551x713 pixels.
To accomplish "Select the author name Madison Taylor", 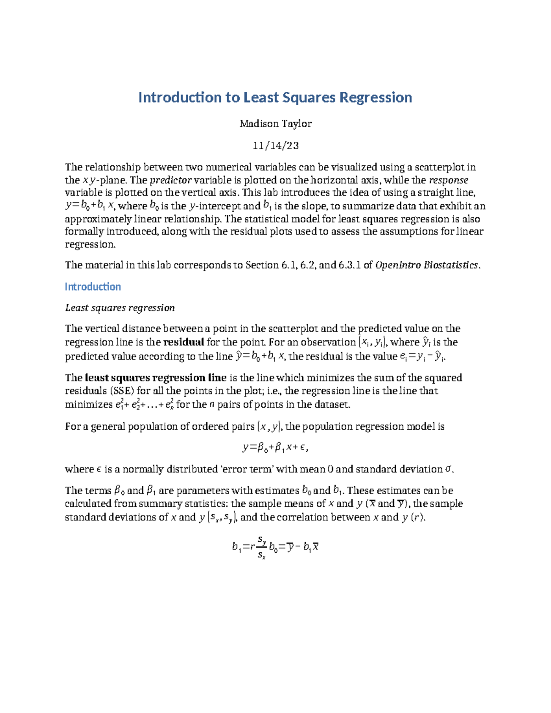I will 275,124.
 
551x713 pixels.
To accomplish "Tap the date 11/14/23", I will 275,146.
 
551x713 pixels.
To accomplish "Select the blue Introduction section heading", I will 93,287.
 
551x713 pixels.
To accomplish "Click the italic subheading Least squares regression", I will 120,308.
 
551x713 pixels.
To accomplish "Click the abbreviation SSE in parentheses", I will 122,391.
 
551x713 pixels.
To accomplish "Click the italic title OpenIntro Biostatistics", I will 427,265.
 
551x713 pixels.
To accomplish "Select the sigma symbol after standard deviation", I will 449,469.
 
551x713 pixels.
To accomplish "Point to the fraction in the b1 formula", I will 261,547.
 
